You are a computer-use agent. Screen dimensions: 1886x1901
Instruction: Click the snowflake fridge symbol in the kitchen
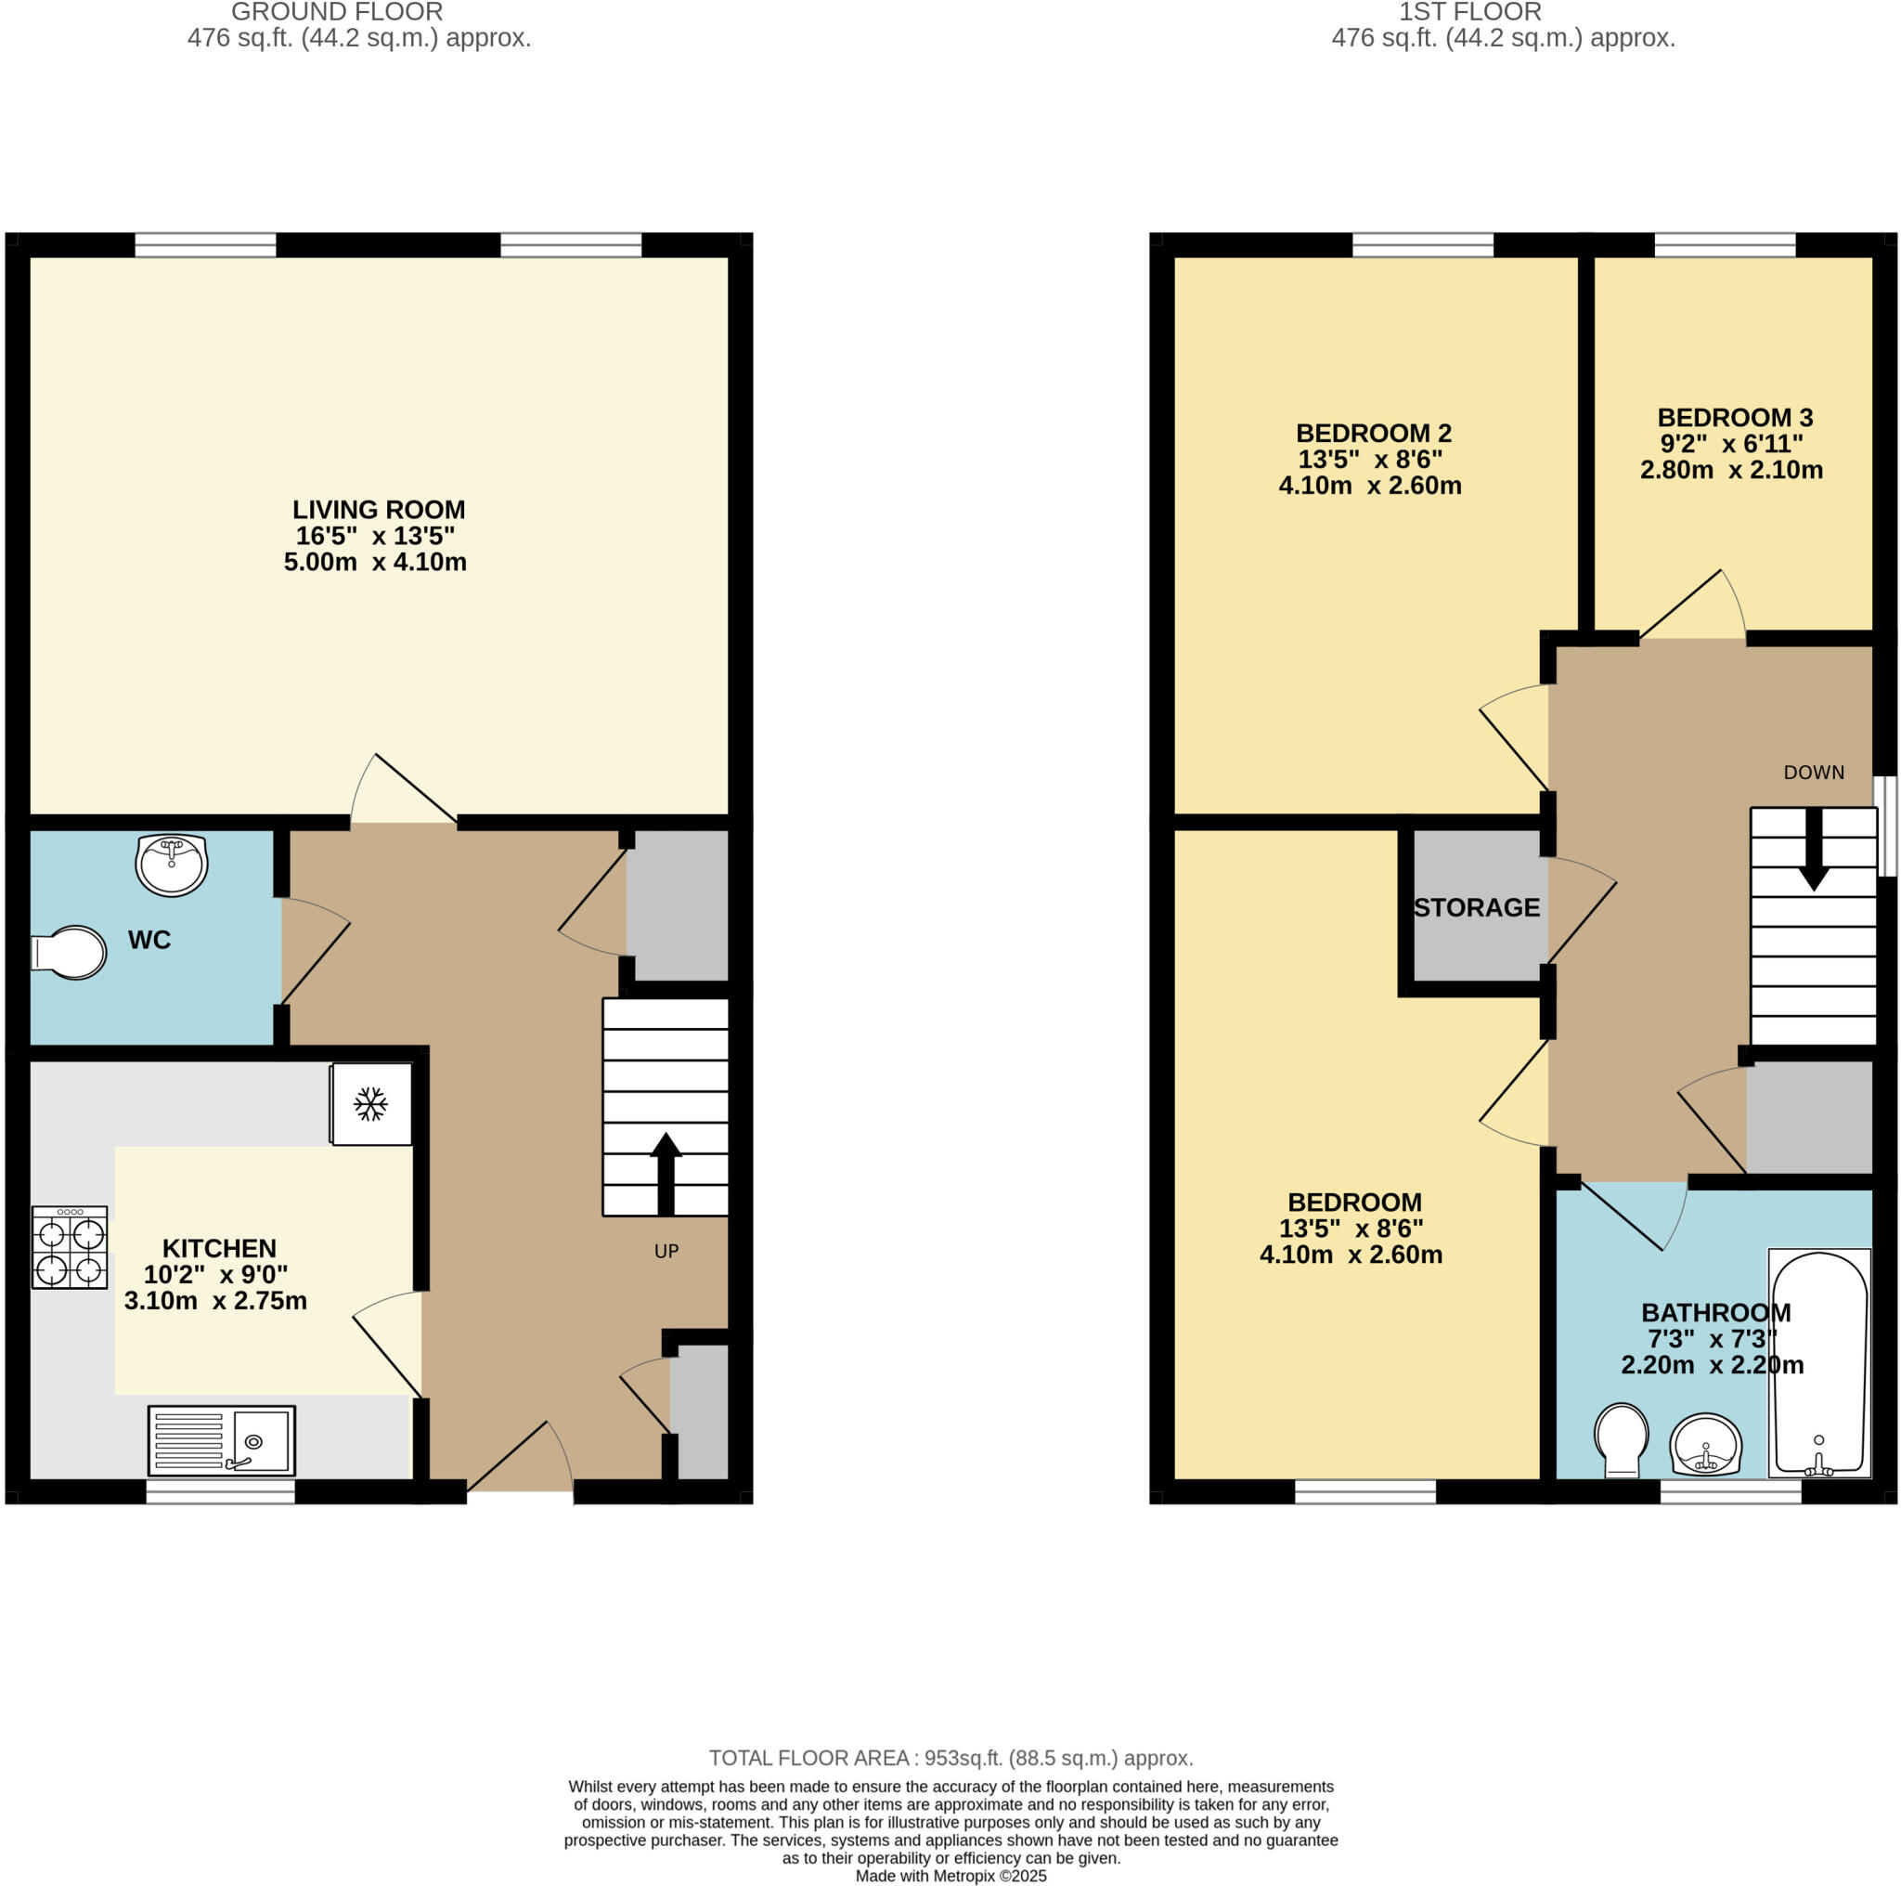[x=371, y=1103]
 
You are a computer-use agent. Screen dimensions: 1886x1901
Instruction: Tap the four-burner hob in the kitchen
[x=70, y=1247]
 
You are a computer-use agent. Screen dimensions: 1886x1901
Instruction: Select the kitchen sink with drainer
[x=222, y=1439]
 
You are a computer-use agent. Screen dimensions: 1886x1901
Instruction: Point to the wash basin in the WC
[x=171, y=865]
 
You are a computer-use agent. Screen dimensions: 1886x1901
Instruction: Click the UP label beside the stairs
[x=666, y=1251]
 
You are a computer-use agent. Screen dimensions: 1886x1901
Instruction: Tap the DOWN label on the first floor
[x=1814, y=773]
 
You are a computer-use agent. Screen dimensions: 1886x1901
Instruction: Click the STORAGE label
[x=1476, y=907]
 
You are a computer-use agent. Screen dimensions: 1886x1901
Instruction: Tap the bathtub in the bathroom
[x=1818, y=1363]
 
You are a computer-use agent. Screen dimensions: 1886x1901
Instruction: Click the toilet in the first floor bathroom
[x=1622, y=1439]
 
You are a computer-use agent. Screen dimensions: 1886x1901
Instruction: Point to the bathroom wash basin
[x=1705, y=1444]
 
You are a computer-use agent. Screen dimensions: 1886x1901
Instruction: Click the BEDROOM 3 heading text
[x=1735, y=417]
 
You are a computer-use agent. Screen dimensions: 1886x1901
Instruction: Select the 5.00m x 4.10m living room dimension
[x=375, y=562]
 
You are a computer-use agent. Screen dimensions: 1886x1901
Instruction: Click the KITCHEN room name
[x=218, y=1248]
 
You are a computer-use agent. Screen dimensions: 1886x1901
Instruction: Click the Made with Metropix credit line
[x=950, y=1876]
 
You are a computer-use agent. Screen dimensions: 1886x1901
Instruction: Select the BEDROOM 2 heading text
[x=1374, y=433]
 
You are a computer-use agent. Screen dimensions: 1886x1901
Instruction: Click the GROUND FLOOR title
[x=337, y=12]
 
